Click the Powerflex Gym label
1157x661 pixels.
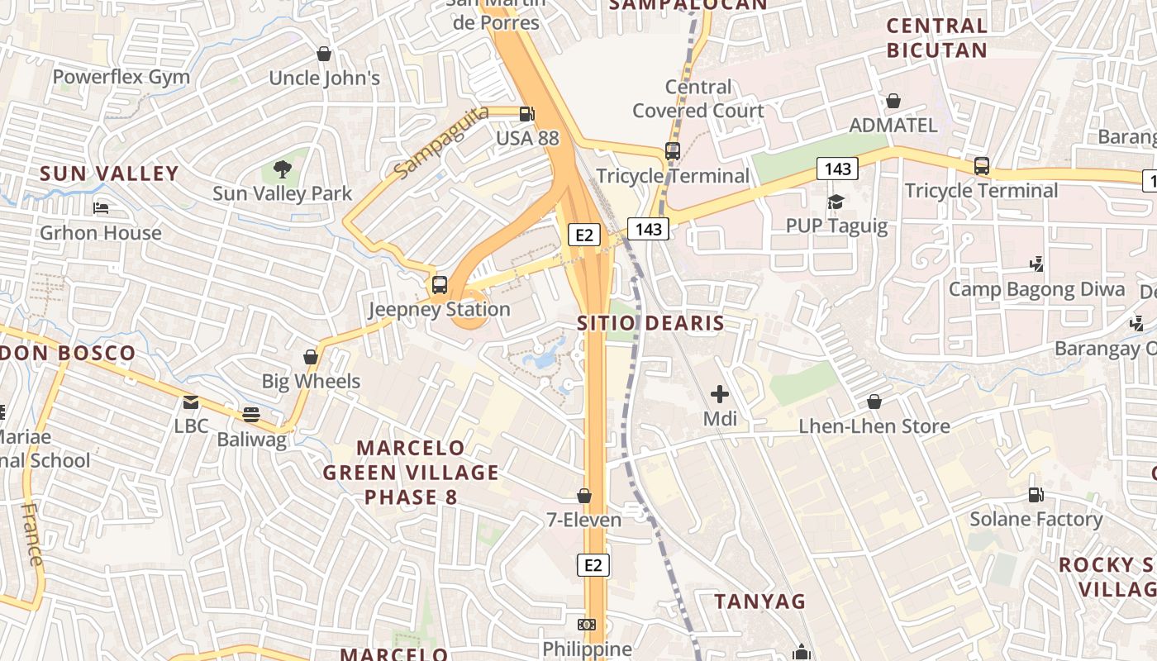point(121,78)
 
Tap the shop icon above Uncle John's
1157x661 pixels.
point(324,54)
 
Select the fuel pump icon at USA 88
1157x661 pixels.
point(526,114)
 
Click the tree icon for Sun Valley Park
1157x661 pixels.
point(283,169)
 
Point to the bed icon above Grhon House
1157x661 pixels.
point(101,207)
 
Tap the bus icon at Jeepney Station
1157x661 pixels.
point(440,285)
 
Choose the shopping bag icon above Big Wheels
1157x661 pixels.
point(311,357)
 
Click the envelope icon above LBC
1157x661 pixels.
point(191,402)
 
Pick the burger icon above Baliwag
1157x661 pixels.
point(251,415)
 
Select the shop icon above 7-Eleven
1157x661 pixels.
point(584,496)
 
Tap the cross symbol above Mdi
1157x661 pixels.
point(720,394)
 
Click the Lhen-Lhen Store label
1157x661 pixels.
point(874,426)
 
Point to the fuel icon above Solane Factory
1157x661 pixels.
point(1036,495)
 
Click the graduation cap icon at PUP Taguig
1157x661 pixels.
point(836,202)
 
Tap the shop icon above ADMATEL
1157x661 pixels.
point(893,101)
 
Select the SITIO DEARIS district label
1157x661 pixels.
point(650,323)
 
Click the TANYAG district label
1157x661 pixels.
point(759,602)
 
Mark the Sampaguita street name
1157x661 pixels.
point(440,141)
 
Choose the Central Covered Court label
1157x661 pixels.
point(698,98)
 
